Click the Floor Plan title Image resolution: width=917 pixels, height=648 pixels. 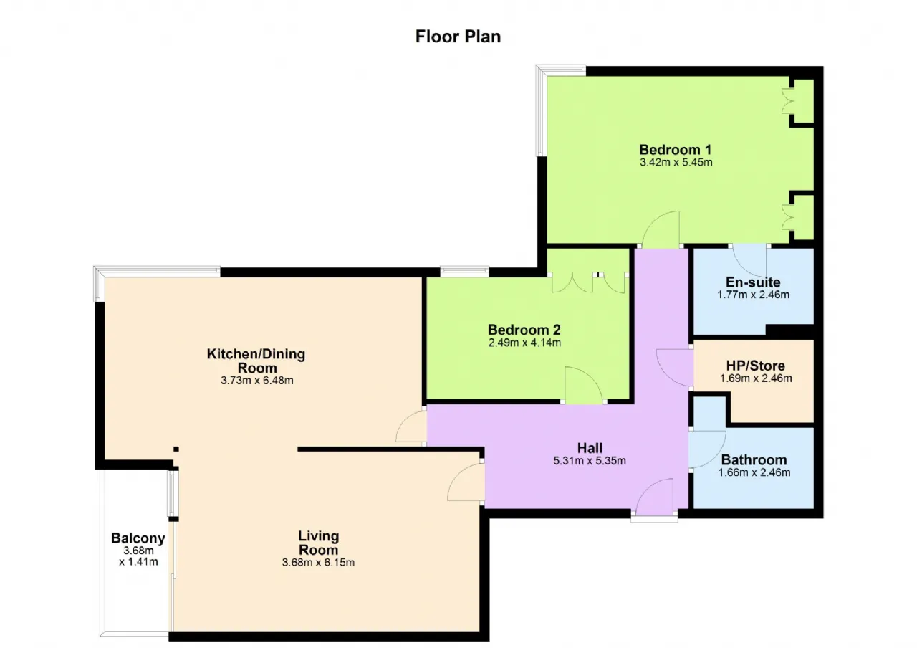click(x=458, y=37)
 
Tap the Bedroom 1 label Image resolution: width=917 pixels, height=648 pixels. click(x=676, y=150)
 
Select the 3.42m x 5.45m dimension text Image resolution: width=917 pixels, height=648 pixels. click(x=676, y=162)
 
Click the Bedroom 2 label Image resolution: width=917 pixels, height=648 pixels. click(x=524, y=330)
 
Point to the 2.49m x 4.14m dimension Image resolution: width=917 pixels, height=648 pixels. click(x=524, y=343)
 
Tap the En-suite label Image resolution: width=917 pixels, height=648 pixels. click(x=753, y=282)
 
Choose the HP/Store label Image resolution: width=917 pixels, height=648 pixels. click(x=756, y=366)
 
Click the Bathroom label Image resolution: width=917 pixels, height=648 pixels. click(x=754, y=459)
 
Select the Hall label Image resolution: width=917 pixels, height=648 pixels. click(x=590, y=448)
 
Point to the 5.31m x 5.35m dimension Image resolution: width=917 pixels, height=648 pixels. click(x=590, y=461)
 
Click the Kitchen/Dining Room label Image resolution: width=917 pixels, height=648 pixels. click(x=256, y=361)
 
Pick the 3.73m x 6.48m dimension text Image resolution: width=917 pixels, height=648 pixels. click(x=257, y=381)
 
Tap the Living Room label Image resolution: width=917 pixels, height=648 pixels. click(x=319, y=543)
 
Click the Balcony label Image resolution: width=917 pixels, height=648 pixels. click(x=138, y=538)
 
